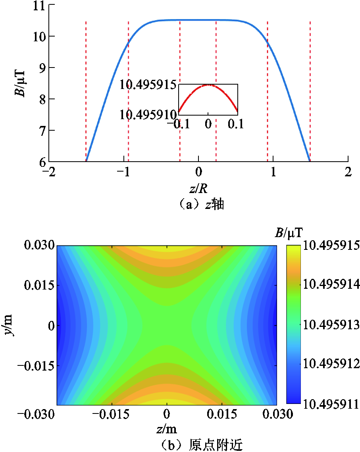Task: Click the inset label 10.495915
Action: [148, 85]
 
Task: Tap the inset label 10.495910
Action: [148, 115]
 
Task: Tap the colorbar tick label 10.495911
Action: [331, 404]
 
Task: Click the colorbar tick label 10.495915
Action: [331, 245]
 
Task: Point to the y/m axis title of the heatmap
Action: [9, 325]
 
